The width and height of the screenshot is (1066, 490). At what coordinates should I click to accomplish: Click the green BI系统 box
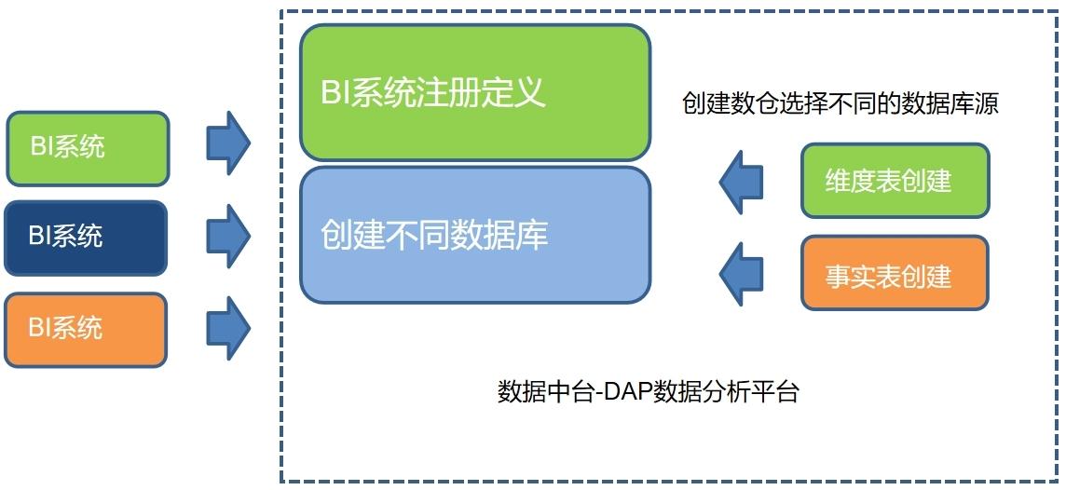click(x=88, y=149)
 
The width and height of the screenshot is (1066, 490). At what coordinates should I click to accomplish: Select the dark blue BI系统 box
click(x=86, y=238)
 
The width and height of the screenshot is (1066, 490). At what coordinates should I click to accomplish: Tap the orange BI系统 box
click(x=86, y=330)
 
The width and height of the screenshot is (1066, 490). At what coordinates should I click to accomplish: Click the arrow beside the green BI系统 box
click(x=228, y=143)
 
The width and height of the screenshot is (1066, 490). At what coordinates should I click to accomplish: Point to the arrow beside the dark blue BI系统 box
click(x=228, y=236)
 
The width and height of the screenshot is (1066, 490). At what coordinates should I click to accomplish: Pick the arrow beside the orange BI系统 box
click(x=228, y=328)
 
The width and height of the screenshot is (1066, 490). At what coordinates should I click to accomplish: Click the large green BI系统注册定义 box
click(x=475, y=92)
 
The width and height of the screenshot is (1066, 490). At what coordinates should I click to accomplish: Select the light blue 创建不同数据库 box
click(x=475, y=235)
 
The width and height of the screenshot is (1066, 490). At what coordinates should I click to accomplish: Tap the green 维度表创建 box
click(x=895, y=181)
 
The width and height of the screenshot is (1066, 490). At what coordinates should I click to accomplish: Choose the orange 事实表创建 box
click(x=895, y=273)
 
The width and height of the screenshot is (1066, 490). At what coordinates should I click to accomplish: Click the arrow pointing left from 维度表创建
click(x=741, y=183)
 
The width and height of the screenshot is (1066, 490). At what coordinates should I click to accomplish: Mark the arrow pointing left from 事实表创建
click(x=741, y=274)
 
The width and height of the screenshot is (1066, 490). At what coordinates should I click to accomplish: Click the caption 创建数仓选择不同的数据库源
click(x=841, y=104)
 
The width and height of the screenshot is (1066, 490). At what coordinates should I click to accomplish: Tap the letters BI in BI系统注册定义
click(x=335, y=91)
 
